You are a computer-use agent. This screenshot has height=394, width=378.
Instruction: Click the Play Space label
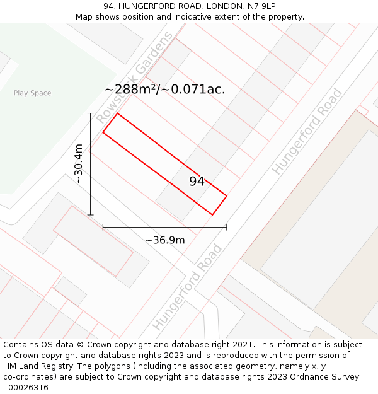click(x=33, y=93)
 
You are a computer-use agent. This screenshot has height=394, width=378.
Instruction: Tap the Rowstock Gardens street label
click(x=134, y=78)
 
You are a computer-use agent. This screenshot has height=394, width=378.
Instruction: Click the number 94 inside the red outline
click(x=197, y=182)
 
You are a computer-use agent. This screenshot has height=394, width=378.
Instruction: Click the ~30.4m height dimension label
click(x=79, y=164)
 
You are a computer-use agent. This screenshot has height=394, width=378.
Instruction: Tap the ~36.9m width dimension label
click(x=164, y=240)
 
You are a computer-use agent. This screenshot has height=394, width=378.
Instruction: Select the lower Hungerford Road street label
click(x=188, y=287)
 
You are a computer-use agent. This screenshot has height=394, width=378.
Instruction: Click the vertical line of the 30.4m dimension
click(x=91, y=164)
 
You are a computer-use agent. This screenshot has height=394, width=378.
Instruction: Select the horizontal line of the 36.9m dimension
click(x=164, y=227)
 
